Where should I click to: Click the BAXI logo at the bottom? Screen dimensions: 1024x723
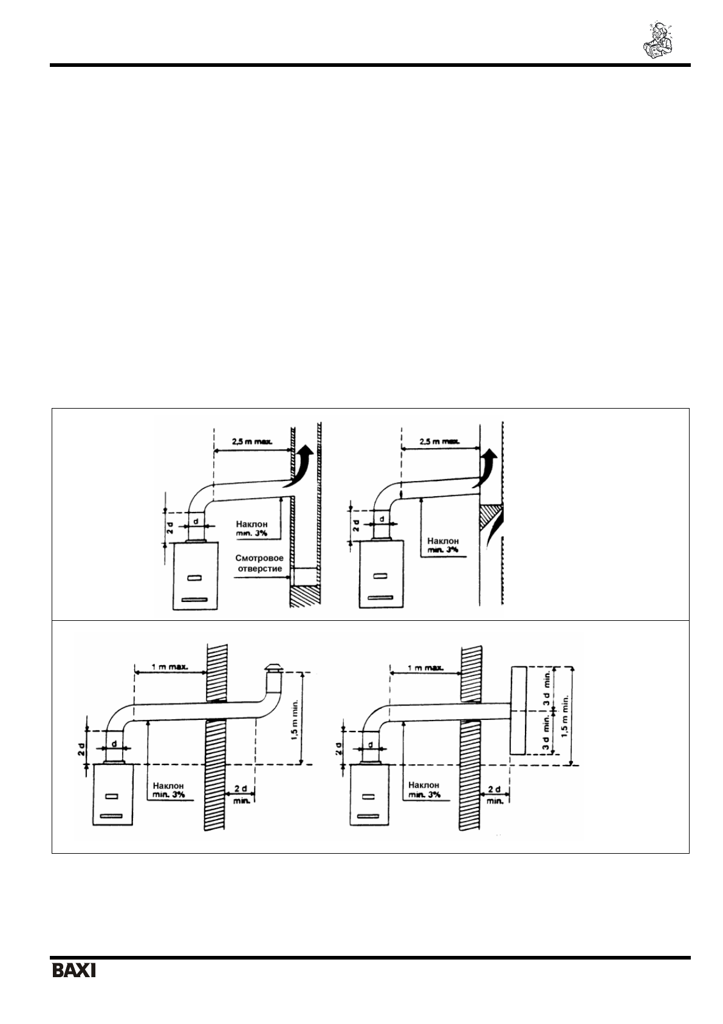coord(74,970)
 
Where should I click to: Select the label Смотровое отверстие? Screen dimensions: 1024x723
coord(259,563)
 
